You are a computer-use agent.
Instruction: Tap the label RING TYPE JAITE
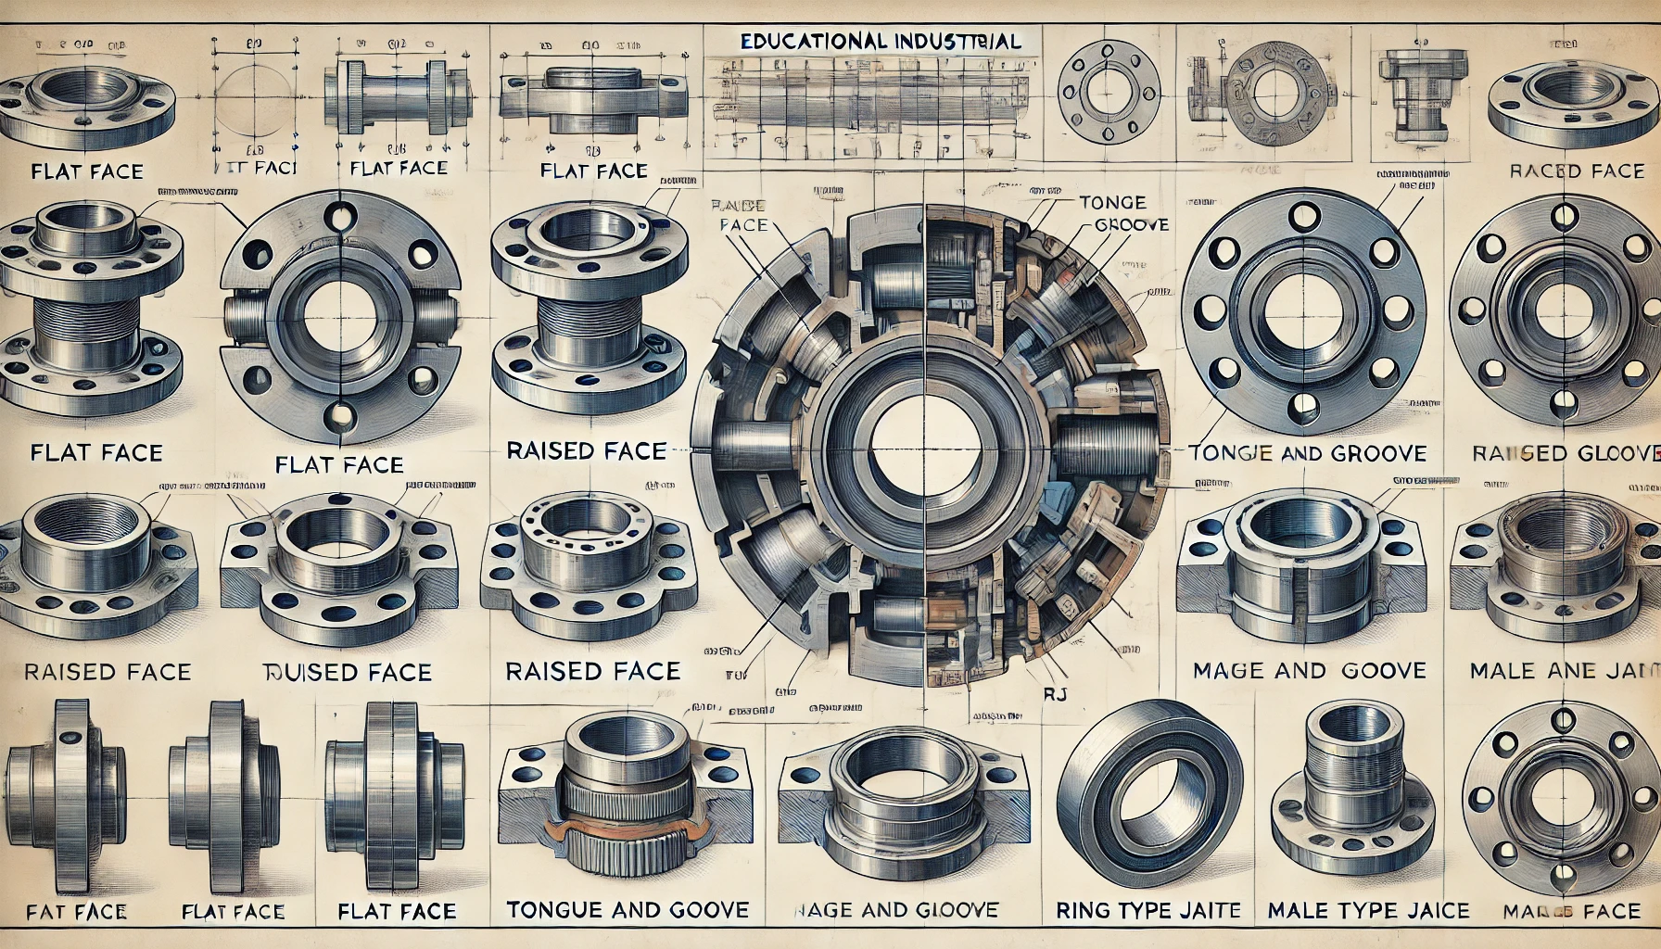pyautogui.click(x=1148, y=910)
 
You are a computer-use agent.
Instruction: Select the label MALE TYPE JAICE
pyautogui.click(x=1368, y=910)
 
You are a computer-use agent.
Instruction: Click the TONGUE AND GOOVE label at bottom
pyautogui.click(x=628, y=910)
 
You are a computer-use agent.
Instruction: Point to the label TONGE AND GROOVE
pyautogui.click(x=1307, y=453)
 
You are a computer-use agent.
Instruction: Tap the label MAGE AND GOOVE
pyautogui.click(x=1310, y=670)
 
